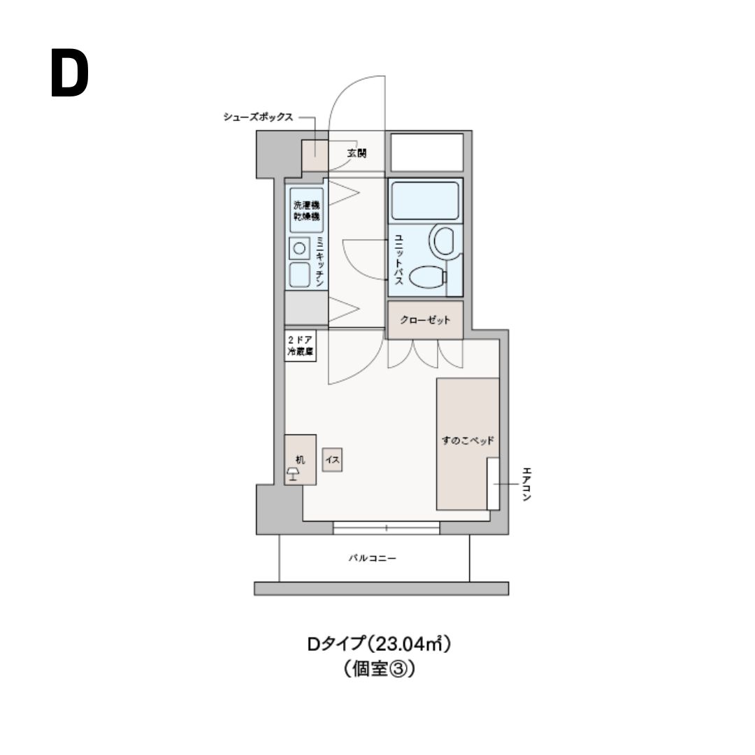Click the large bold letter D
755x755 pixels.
pos(70,74)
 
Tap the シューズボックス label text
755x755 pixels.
pos(257,117)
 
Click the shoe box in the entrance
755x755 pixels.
pos(314,155)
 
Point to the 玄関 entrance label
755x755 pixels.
pos(357,153)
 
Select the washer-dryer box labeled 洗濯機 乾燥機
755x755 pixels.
pos(306,211)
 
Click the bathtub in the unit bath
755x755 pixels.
pos(424,201)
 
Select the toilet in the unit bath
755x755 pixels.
pos(427,278)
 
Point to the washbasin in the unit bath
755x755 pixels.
pos(444,240)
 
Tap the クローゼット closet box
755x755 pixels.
pos(425,320)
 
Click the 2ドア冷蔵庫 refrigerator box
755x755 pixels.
pos(300,347)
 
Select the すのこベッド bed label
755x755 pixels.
pos(468,441)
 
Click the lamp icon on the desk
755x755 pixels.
pos(293,475)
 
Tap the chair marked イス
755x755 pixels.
pos(332,461)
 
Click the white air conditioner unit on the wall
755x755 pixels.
pos(493,484)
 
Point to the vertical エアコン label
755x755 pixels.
pos(526,484)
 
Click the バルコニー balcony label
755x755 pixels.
pos(373,559)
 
